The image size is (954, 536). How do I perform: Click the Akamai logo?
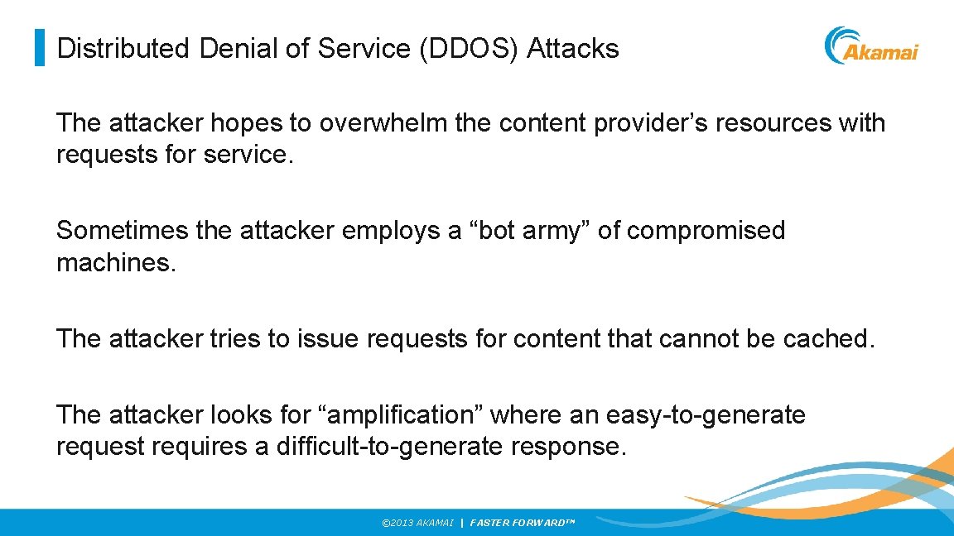[871, 46]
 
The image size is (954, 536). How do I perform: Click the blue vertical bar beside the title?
[39, 48]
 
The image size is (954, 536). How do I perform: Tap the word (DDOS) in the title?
[470, 49]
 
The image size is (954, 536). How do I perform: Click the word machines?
[116, 264]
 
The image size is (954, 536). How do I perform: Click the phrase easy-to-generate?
[706, 414]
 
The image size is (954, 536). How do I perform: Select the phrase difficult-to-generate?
[389, 447]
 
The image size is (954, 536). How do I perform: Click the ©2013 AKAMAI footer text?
[417, 524]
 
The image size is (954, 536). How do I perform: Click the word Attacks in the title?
[573, 49]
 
